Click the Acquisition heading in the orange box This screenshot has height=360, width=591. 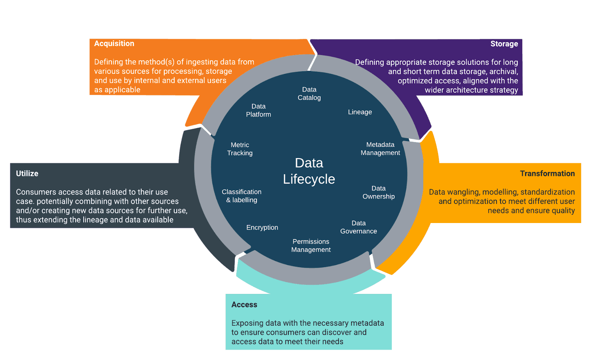pos(114,44)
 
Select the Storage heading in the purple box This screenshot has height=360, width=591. pos(504,44)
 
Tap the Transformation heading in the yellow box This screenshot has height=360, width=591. pos(547,174)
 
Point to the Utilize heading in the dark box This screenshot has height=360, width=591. pos(27,174)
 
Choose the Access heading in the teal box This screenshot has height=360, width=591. pos(244,305)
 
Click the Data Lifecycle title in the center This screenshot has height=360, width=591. pos(309,171)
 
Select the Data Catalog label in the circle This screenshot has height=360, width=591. pos(309,93)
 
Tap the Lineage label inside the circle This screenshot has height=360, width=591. pos(360,112)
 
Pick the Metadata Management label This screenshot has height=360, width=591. pos(380,149)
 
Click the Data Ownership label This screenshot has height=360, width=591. pos(379,192)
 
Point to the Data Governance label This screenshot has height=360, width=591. pos(358,227)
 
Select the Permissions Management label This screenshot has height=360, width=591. pos(311,246)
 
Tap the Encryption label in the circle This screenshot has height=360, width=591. pos(262,227)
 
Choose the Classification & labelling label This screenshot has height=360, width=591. pos(242,196)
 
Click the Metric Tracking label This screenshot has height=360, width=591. pos(240,149)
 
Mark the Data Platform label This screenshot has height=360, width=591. pos(259,110)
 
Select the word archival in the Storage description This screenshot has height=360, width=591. pos(503,72)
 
